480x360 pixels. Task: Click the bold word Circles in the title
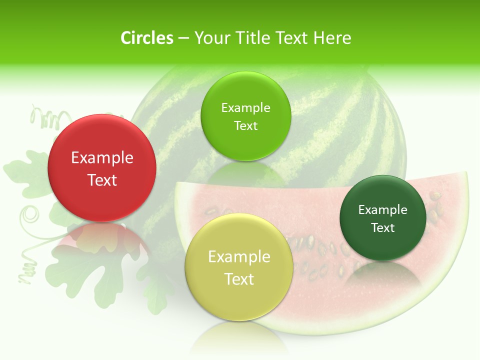click(x=147, y=38)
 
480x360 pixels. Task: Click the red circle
click(x=102, y=168)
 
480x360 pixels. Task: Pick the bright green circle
click(x=245, y=116)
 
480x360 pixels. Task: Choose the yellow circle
click(x=239, y=267)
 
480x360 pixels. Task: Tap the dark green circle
click(x=382, y=218)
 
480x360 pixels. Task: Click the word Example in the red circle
click(x=102, y=158)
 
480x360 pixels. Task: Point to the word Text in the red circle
click(x=102, y=180)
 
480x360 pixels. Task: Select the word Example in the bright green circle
click(x=245, y=108)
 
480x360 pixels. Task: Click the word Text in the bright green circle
click(x=245, y=126)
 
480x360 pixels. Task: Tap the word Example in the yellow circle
click(x=239, y=257)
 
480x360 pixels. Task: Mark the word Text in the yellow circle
click(x=239, y=279)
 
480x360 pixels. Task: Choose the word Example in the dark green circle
click(x=382, y=210)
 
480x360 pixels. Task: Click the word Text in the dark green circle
click(x=382, y=228)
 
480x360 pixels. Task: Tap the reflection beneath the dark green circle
click(x=382, y=272)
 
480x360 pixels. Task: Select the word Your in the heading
click(x=210, y=38)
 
